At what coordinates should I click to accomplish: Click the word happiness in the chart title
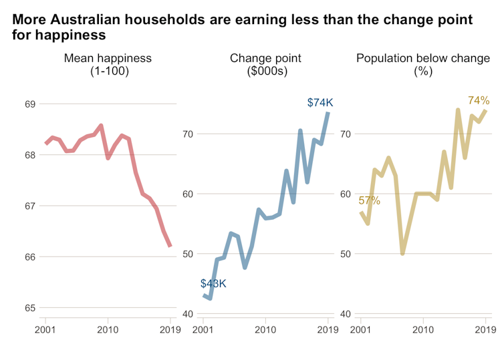73,34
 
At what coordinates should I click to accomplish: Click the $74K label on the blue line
320,103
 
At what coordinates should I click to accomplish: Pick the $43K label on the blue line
213,284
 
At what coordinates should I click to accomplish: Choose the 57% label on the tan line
369,200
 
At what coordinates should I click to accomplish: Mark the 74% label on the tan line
479,101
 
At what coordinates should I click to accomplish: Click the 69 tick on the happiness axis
30,104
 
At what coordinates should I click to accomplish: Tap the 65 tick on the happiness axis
30,308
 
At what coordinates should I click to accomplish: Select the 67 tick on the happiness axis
30,206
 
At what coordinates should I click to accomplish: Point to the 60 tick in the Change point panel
188,194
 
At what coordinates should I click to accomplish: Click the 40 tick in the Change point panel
188,315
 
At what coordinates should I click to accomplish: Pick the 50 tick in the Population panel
346,254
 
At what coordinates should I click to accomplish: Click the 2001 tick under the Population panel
362,329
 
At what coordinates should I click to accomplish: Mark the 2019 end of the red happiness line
170,246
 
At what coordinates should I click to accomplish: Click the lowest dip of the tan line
402,254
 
